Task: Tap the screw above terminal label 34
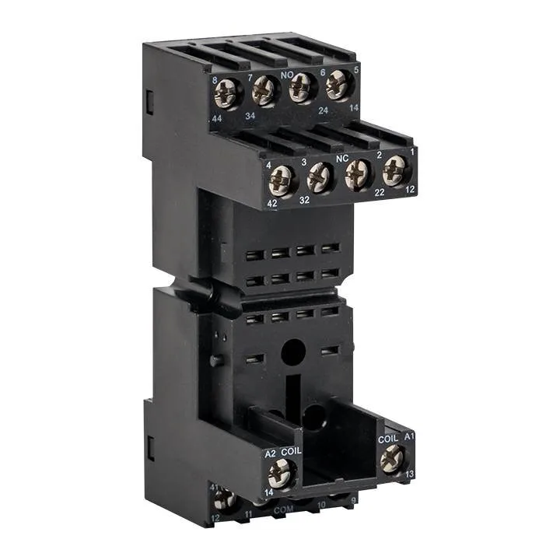pos(265,91)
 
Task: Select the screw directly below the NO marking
pos(302,87)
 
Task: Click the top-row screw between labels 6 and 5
pos(338,83)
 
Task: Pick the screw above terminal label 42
pos(282,183)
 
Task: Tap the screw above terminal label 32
pos(320,179)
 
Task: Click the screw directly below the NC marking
pos(358,174)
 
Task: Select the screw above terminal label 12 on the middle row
pos(395,170)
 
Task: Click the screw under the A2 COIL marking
pos(282,471)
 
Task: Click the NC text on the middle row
pos(341,157)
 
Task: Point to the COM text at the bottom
pos(285,509)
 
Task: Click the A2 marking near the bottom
pos(271,453)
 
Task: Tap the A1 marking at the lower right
pos(409,438)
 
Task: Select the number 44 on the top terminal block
pos(215,116)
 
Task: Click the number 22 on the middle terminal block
pos(380,191)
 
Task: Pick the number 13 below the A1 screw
pos(410,473)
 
